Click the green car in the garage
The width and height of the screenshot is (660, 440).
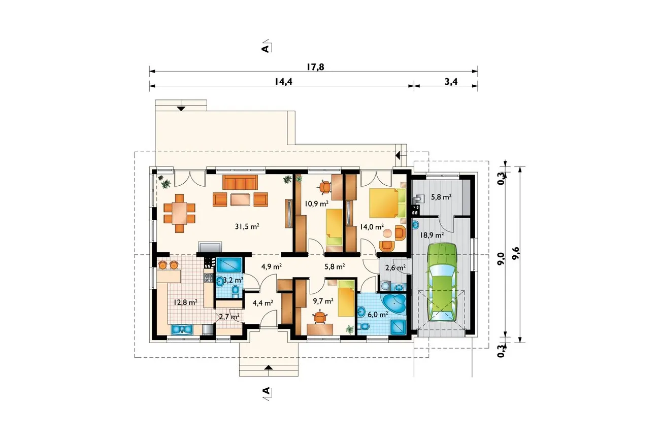(x=442, y=282)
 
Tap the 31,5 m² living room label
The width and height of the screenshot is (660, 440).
(x=247, y=226)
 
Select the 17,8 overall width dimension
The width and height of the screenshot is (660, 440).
(x=315, y=67)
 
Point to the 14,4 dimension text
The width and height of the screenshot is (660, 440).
(x=283, y=82)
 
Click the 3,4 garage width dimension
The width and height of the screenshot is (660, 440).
(x=451, y=82)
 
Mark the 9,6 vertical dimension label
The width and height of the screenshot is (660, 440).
(x=516, y=253)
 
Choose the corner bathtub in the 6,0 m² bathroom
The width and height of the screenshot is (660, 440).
(x=393, y=303)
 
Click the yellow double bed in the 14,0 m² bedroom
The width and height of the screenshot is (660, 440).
(x=387, y=202)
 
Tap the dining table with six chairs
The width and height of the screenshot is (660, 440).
(x=179, y=213)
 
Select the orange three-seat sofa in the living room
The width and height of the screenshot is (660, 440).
(x=240, y=182)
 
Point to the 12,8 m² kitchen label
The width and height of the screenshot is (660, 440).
(x=185, y=302)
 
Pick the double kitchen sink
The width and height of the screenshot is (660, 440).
(x=182, y=329)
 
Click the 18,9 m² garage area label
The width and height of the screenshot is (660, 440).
(x=432, y=235)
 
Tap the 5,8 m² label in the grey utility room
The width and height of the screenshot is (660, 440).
(x=441, y=197)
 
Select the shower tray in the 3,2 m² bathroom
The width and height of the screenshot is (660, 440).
(x=229, y=265)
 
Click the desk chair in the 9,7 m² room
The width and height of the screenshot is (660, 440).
(x=320, y=318)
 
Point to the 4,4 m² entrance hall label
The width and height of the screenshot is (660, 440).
(x=263, y=303)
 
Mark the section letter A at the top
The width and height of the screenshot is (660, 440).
(x=266, y=48)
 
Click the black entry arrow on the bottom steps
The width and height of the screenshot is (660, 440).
(x=268, y=367)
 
